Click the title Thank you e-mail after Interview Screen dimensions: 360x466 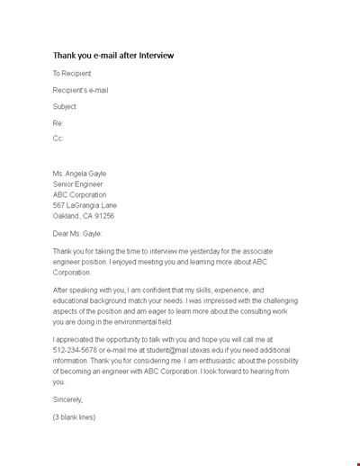point(112,56)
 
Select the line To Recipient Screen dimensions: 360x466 point(72,74)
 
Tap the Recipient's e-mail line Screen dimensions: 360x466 point(81,90)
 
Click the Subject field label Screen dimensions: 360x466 point(65,106)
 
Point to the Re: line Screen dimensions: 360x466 point(58,122)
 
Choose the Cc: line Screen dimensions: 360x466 point(58,139)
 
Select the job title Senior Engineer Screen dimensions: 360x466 point(80,184)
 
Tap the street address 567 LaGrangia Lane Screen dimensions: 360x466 point(86,205)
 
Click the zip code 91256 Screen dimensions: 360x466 point(104,216)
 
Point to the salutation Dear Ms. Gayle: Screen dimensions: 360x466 point(84,233)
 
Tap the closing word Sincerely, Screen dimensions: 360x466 point(68,399)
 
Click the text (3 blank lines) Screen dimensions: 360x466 point(74,417)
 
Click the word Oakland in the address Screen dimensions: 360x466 point(67,216)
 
